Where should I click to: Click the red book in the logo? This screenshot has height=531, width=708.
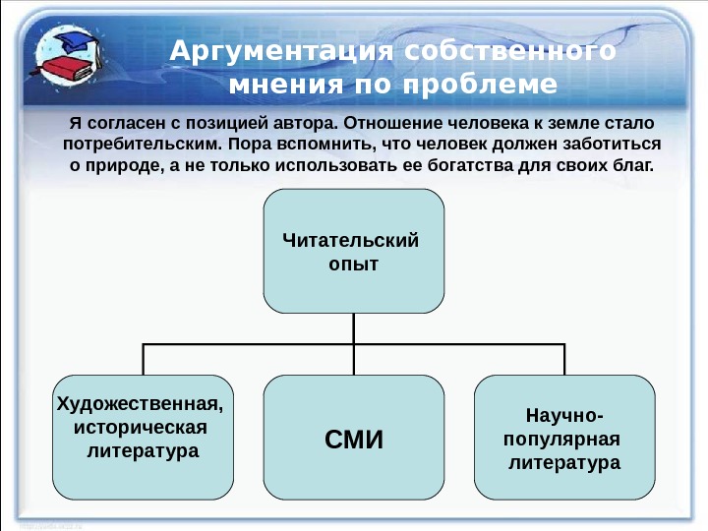tap(63, 70)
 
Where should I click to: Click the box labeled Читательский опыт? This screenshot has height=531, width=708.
tap(353, 251)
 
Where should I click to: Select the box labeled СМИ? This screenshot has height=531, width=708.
tap(353, 438)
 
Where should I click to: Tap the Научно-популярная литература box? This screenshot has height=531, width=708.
tap(564, 438)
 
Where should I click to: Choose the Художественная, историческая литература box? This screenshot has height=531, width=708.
tap(143, 438)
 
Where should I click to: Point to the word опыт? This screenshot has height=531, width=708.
tap(354, 265)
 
